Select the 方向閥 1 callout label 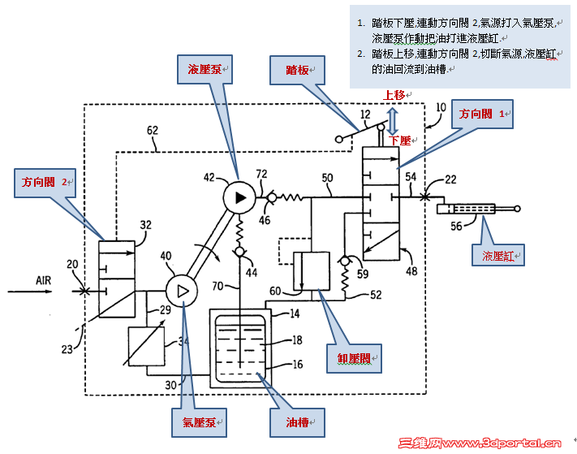(x=483, y=115)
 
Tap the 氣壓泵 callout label (x=197, y=422)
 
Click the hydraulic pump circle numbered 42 (x=239, y=196)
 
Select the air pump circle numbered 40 (x=180, y=289)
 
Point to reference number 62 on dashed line (x=153, y=129)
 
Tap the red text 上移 (x=395, y=95)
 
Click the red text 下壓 (x=401, y=140)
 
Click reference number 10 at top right (x=441, y=107)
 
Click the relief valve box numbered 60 (x=311, y=270)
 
